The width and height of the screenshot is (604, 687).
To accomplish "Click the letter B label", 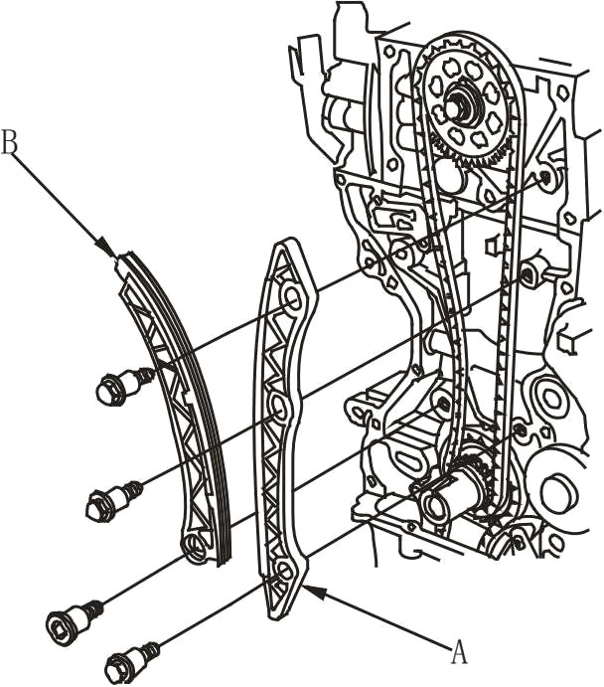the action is pos(9,140).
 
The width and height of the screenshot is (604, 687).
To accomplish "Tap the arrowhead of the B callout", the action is pos(107,248).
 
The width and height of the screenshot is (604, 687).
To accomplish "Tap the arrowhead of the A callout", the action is pos(315,593).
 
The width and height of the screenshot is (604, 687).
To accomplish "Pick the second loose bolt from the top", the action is pos(114,502).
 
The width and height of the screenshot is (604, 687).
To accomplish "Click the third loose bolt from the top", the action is pos(75,615).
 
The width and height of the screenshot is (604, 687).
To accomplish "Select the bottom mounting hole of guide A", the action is pos(283,573).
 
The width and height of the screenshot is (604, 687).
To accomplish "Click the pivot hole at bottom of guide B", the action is pos(193,545).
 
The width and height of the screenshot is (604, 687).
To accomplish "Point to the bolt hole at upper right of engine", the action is pos(545,177).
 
